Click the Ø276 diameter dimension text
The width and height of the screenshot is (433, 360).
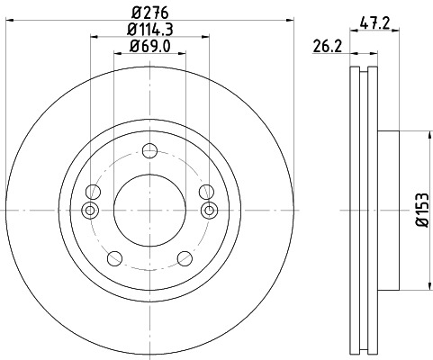[149, 13]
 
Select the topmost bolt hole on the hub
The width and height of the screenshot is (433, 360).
[149, 151]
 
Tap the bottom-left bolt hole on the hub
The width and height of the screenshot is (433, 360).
[114, 257]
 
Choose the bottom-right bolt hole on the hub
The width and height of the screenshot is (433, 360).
[184, 257]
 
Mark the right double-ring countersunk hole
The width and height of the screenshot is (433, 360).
[210, 211]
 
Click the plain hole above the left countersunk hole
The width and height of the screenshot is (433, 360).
[93, 191]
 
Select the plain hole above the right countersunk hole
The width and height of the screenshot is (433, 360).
[205, 191]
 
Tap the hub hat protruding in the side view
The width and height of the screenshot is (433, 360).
[387, 211]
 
